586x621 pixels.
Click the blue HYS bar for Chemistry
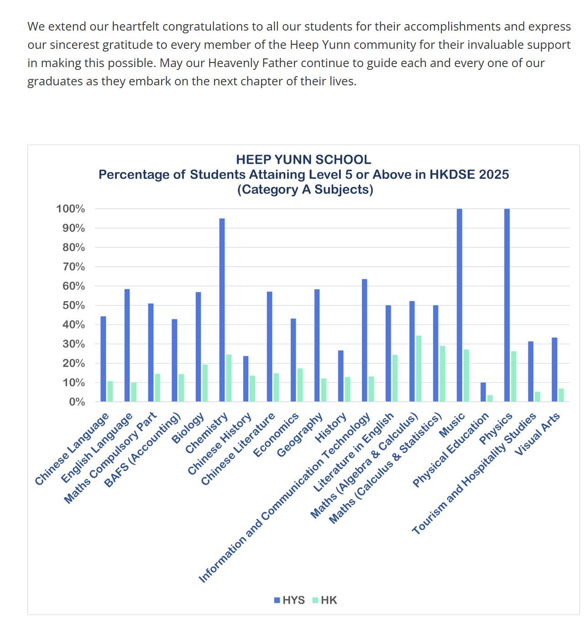[x=222, y=310]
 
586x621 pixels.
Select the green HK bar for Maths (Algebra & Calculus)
[x=419, y=369]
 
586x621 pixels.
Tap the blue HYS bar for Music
[x=459, y=305]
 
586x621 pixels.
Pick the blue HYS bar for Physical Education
[x=483, y=392]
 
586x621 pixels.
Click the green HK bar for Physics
[x=513, y=376]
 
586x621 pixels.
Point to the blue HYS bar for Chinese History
[x=246, y=379]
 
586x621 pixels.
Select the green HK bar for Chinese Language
[x=110, y=391]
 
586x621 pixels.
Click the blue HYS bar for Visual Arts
[x=554, y=370]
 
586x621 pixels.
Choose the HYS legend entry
[x=289, y=600]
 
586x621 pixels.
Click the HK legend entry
[x=324, y=600]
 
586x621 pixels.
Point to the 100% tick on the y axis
[x=71, y=209]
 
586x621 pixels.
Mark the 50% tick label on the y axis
[x=73, y=305]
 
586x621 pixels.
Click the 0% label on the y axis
[x=77, y=402]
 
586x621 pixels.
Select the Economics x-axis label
[x=276, y=434]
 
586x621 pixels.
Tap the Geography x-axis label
[x=300, y=434]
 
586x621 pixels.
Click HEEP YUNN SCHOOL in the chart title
[x=303, y=160]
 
